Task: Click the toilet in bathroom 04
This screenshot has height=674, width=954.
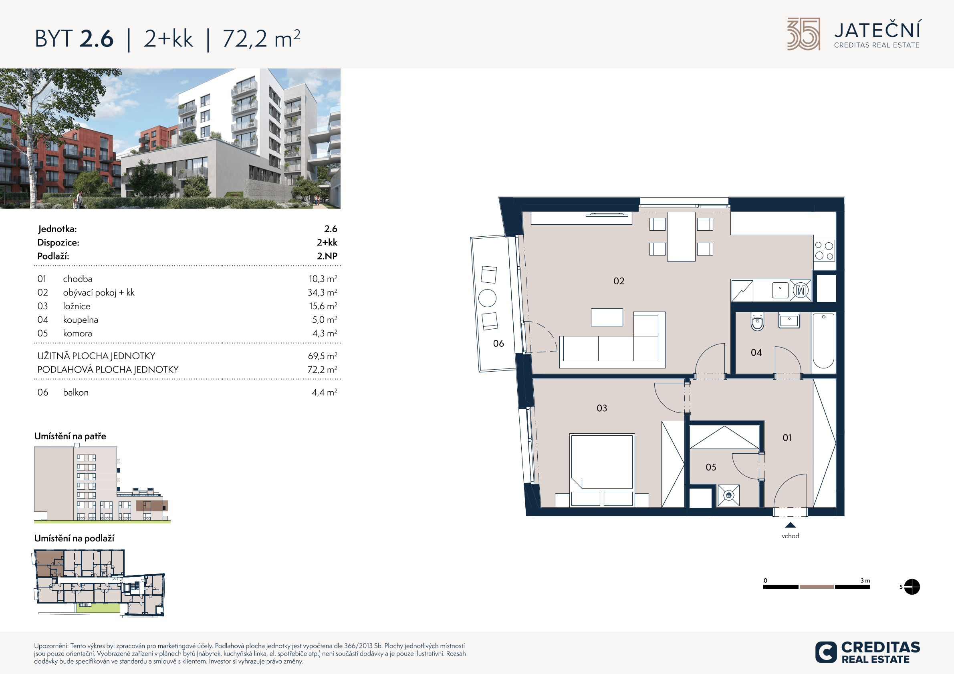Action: pos(757,322)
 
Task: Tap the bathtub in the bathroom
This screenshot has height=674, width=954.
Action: pos(823,340)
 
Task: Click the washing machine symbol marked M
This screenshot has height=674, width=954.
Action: pos(801,290)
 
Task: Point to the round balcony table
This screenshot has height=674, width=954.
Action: pos(487,298)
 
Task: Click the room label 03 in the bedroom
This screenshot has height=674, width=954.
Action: pos(602,408)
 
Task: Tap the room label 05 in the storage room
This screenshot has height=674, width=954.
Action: pos(711,467)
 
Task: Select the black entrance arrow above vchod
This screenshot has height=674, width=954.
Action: pos(790,525)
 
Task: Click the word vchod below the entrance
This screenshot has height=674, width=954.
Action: pos(790,536)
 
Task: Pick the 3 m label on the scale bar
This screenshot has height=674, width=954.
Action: pos(865,581)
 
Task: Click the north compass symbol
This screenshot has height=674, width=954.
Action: pos(912,587)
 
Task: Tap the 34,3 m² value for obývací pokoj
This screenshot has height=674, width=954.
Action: pos(322,292)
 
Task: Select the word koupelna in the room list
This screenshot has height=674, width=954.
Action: pos(81,320)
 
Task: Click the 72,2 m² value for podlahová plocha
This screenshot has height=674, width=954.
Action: pos(322,369)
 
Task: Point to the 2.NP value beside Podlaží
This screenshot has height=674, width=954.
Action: pos(327,256)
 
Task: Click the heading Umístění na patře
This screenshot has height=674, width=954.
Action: pos(70,436)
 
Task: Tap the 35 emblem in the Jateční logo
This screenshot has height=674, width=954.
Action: pos(804,34)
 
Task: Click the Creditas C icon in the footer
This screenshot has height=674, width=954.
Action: pos(826,652)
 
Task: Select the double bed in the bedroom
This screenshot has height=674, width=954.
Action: pos(602,470)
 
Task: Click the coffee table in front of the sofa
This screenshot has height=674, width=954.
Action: pos(607,317)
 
